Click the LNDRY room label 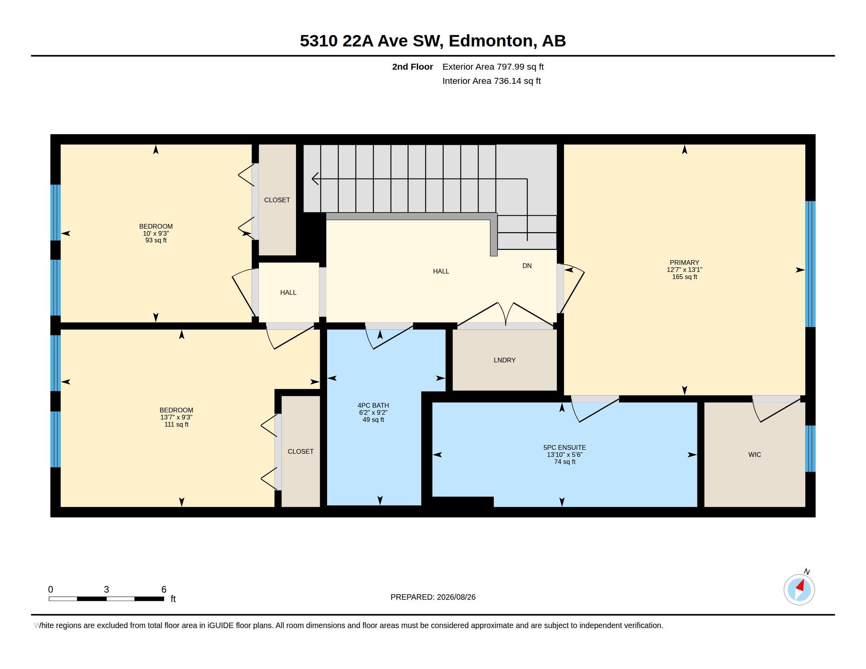point(504,360)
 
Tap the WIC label point(755,455)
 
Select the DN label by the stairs point(527,266)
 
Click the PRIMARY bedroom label point(685,262)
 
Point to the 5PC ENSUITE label point(564,447)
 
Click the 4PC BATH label point(373,405)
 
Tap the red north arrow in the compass point(801,586)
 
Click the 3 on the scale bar point(106,590)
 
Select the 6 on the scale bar point(164,590)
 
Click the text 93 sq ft point(156,240)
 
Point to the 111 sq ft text point(176,425)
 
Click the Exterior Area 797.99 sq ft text point(493,67)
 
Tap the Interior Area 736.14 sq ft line point(491,81)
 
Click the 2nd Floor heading point(413,67)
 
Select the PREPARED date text point(433,597)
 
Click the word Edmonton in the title point(491,41)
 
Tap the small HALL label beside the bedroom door point(288,292)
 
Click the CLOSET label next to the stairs point(277,200)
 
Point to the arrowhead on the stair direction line point(315,179)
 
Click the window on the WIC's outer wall point(810,449)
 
